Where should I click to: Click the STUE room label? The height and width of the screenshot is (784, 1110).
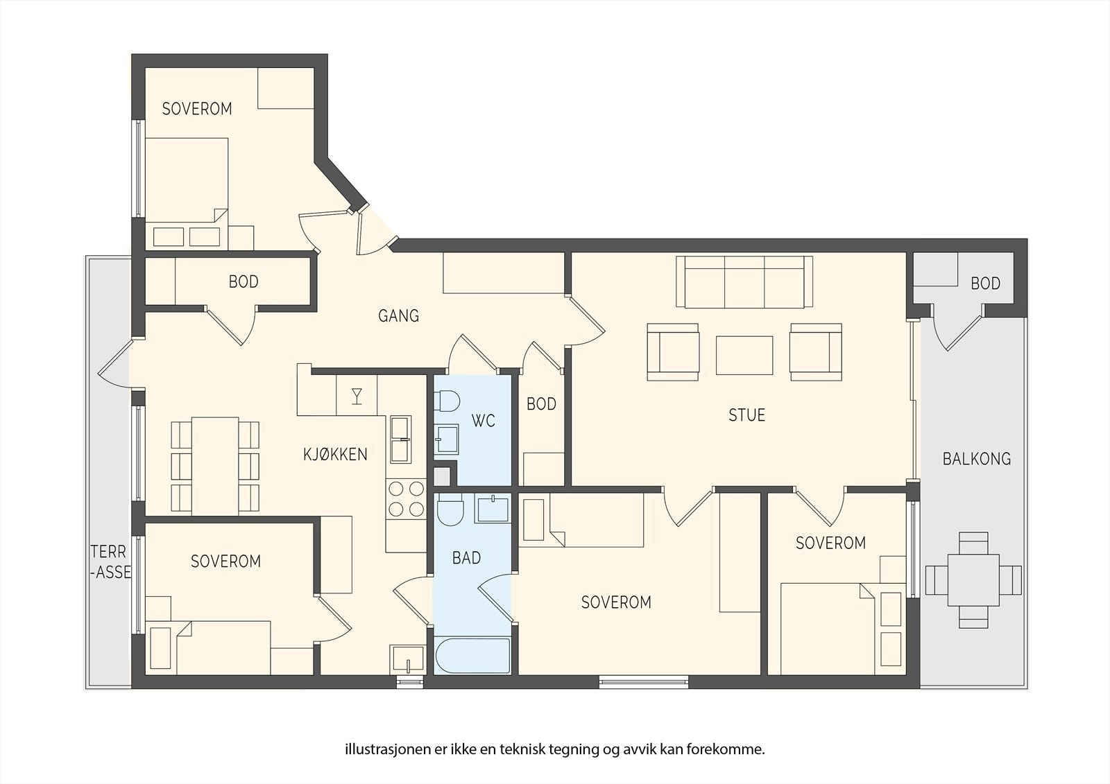(x=746, y=415)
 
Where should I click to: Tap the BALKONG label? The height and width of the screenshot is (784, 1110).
(x=976, y=459)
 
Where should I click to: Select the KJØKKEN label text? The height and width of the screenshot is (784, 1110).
(x=336, y=455)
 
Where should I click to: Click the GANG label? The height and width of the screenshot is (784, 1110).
(x=398, y=316)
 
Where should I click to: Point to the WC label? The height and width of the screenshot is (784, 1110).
(x=483, y=421)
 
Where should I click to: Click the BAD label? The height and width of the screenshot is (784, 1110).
(x=466, y=558)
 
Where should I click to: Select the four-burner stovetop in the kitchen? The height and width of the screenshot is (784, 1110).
(x=407, y=498)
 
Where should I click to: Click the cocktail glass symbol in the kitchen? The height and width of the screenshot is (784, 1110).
(x=357, y=397)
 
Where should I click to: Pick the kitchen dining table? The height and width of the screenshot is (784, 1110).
(x=215, y=467)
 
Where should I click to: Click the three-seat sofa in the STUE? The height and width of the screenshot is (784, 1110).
(x=744, y=282)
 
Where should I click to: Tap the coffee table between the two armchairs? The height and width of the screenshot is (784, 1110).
(x=744, y=355)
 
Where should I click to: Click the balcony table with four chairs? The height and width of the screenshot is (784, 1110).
(x=973, y=580)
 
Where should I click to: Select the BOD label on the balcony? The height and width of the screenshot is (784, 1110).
(x=985, y=284)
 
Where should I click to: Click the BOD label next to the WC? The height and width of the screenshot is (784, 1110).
(x=541, y=404)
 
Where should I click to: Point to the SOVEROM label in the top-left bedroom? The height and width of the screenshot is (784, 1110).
(x=197, y=109)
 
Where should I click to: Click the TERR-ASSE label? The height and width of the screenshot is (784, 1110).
(x=110, y=561)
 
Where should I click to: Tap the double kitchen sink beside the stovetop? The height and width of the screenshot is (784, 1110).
(x=400, y=439)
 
